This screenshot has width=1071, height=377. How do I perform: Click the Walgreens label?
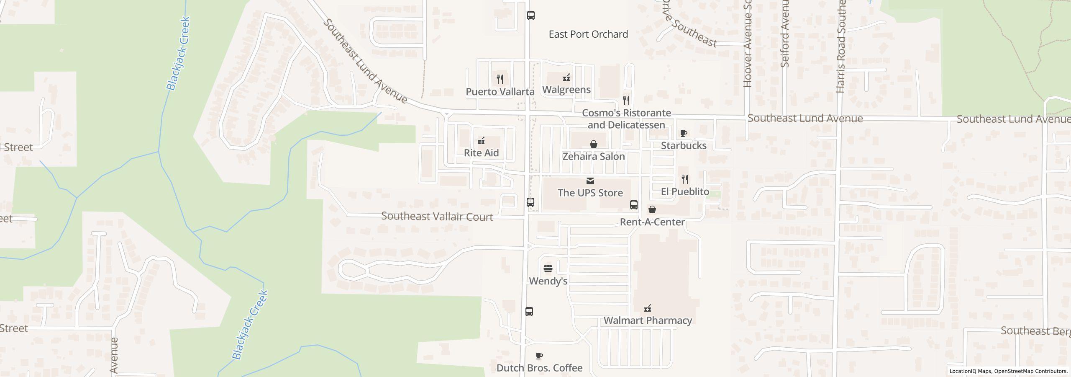(x=566, y=90)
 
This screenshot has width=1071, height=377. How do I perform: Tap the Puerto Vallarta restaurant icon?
(x=500, y=79)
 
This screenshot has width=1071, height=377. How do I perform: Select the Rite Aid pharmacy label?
(x=481, y=153)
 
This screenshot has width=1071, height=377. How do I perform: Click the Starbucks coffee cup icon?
(x=683, y=134)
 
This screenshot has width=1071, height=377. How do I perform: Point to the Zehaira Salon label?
(x=593, y=157)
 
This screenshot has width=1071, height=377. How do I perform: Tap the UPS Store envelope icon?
(x=590, y=181)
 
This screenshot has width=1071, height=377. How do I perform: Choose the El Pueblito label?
(x=685, y=192)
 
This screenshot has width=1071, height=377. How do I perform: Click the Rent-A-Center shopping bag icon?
(x=652, y=209)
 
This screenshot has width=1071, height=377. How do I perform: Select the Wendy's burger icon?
(x=548, y=268)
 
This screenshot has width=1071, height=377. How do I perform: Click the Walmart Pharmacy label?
(x=648, y=320)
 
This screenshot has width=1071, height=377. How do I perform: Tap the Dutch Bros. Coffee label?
(x=539, y=368)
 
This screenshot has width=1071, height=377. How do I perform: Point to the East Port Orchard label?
(x=588, y=34)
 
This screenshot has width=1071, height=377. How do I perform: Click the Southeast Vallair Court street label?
(x=437, y=217)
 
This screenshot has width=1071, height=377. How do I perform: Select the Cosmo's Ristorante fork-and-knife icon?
(x=626, y=101)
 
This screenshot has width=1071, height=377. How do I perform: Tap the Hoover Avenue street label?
(x=748, y=46)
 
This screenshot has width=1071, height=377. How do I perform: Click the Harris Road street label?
(x=841, y=46)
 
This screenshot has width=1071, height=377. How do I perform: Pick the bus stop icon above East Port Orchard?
(x=530, y=15)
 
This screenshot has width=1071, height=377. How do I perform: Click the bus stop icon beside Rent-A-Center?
(x=634, y=205)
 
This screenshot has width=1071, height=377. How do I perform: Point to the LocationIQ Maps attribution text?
(x=1008, y=371)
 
